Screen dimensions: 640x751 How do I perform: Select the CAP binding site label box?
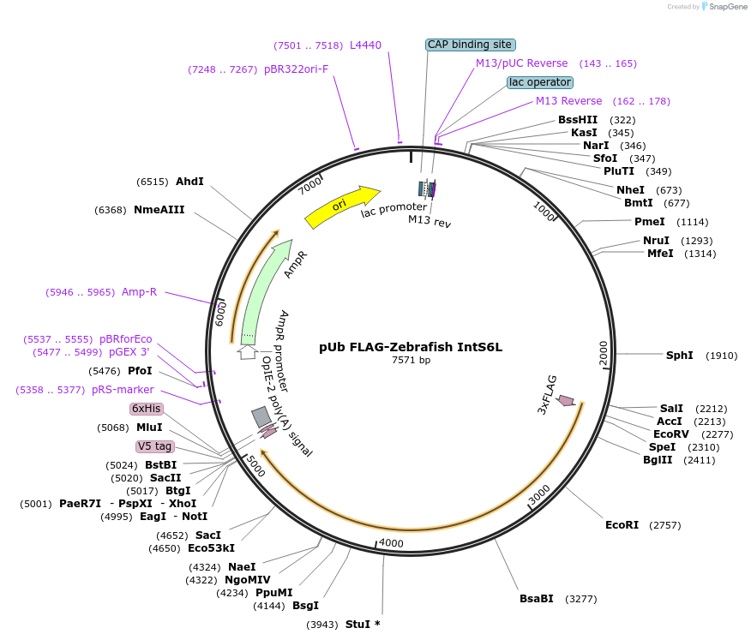[471, 45]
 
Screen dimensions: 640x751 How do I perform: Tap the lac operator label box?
[539, 82]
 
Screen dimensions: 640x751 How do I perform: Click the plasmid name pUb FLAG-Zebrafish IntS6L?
[411, 347]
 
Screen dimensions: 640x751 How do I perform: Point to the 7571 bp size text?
[411, 360]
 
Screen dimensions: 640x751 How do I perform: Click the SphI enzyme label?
[679, 356]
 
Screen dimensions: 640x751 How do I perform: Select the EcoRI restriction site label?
[622, 524]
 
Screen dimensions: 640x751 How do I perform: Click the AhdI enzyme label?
[189, 182]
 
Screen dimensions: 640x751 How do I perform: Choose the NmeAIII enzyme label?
[159, 210]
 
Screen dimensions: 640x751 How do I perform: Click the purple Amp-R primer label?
[139, 292]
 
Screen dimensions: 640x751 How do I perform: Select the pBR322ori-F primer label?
[296, 69]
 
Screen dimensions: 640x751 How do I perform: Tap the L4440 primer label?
[365, 45]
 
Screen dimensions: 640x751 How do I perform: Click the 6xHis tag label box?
[146, 409]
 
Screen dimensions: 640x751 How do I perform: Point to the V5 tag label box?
[155, 446]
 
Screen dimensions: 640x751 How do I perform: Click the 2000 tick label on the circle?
[603, 351]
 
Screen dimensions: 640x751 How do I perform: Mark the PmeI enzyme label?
[649, 222]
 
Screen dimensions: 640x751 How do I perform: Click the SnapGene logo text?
[725, 7]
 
